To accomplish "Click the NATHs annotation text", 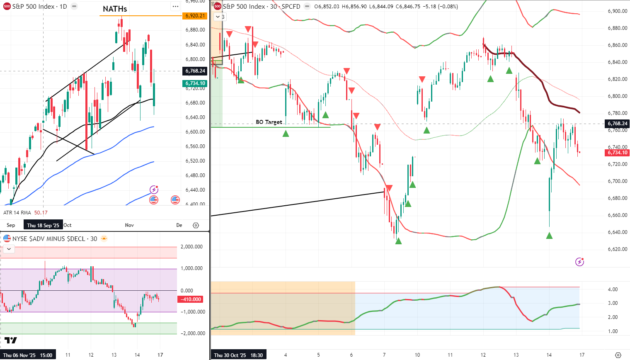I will point(115,9).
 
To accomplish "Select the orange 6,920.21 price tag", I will point(195,16).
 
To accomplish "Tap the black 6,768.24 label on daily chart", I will point(195,71).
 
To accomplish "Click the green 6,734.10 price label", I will point(195,83).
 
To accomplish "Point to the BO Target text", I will point(269,122).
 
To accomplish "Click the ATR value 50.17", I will point(41,213).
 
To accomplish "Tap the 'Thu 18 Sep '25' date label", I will point(43,225).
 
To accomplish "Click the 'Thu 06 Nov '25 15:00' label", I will point(29,355).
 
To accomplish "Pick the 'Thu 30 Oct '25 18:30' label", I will point(238,355).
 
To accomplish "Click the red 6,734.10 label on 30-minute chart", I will point(617,153).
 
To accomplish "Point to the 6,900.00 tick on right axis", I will point(617,11).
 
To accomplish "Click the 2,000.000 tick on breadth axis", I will point(192,247).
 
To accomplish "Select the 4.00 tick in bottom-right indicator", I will point(613,289).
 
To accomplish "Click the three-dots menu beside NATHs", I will point(175,7).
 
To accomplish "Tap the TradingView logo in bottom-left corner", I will point(11,341).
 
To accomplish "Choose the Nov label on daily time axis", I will point(129,225).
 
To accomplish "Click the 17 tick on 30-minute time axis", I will point(582,355).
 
